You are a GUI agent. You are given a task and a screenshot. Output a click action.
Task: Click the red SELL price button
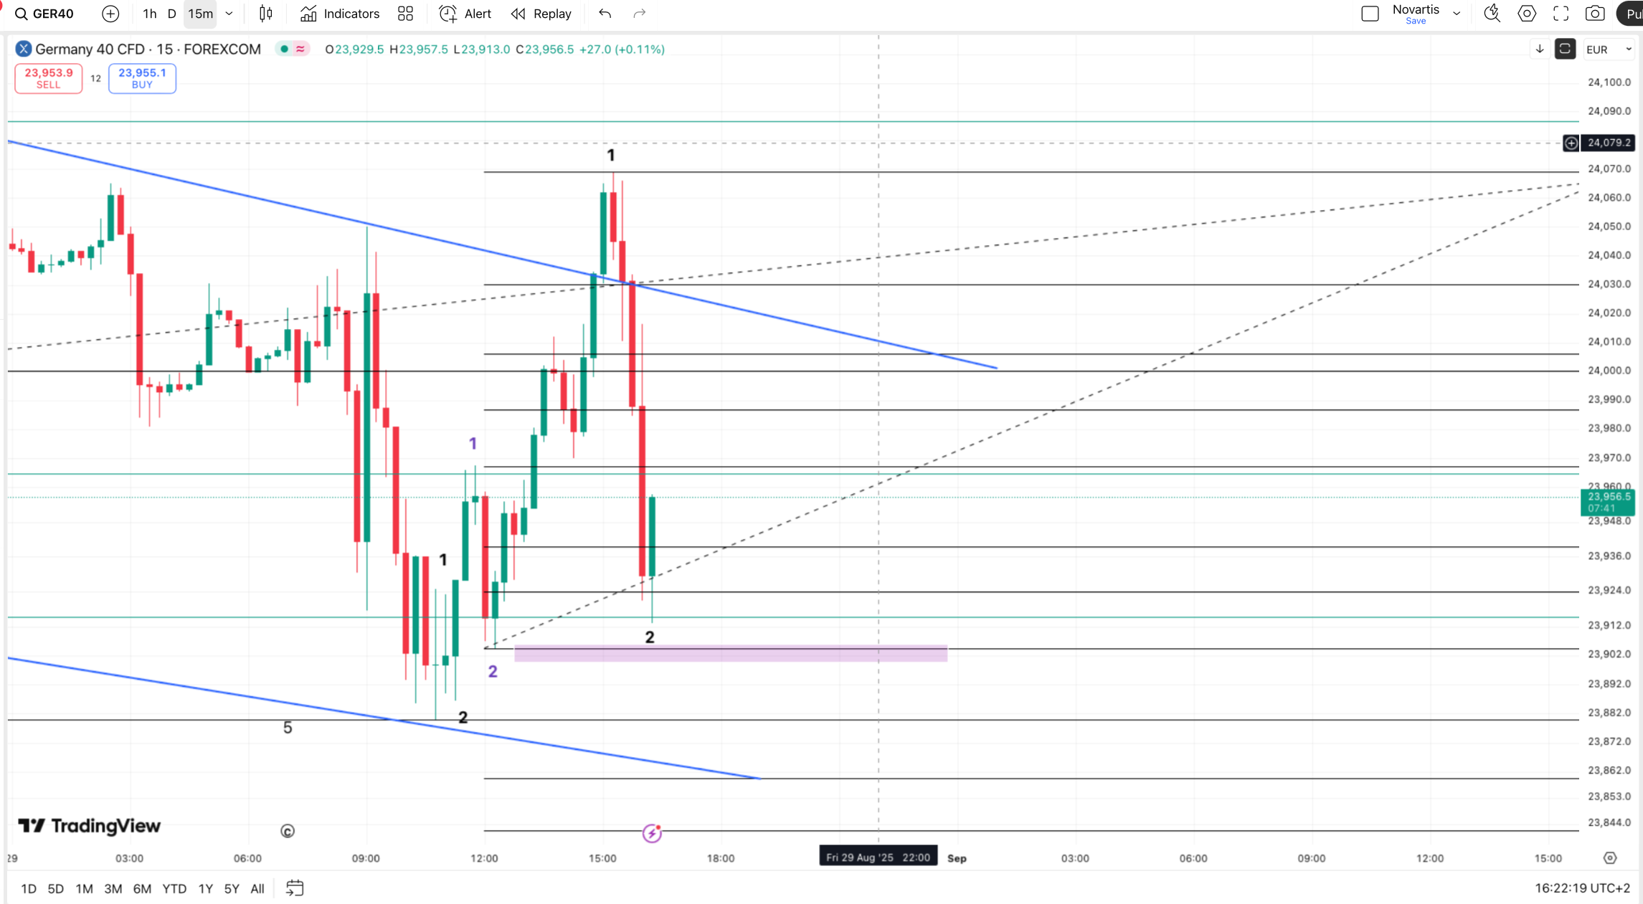[x=48, y=78]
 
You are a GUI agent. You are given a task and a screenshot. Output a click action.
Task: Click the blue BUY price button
[x=142, y=78]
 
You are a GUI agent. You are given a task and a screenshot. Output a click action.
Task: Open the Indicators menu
[x=340, y=14]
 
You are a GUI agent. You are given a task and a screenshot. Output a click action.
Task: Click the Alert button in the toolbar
[x=465, y=14]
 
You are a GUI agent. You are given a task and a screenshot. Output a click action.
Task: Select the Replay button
[x=541, y=14]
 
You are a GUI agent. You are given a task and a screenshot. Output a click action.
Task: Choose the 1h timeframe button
[x=149, y=14]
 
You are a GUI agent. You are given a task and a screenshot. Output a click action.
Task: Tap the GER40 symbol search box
[x=45, y=14]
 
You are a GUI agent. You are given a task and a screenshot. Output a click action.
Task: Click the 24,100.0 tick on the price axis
[x=1609, y=82]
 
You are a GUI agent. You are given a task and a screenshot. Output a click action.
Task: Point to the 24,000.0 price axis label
[x=1609, y=370]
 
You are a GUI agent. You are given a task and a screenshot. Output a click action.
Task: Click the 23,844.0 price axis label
[x=1609, y=822]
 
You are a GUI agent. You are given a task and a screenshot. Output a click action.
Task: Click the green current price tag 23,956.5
[x=1608, y=502]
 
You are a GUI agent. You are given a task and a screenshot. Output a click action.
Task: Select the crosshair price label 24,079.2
[x=1609, y=143]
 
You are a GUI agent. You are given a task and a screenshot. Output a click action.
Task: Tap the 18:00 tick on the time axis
[x=720, y=858]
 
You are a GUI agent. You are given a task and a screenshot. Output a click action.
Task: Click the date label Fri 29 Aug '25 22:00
[x=878, y=857]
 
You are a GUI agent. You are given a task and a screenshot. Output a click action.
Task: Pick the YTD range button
[x=174, y=889]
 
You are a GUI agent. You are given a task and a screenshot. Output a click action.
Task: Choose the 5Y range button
[x=231, y=889]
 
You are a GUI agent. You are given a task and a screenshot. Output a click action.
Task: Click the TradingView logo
[x=90, y=826]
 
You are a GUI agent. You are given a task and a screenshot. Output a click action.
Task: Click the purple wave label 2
[x=493, y=672]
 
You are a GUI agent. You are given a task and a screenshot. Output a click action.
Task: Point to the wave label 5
[x=288, y=728]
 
